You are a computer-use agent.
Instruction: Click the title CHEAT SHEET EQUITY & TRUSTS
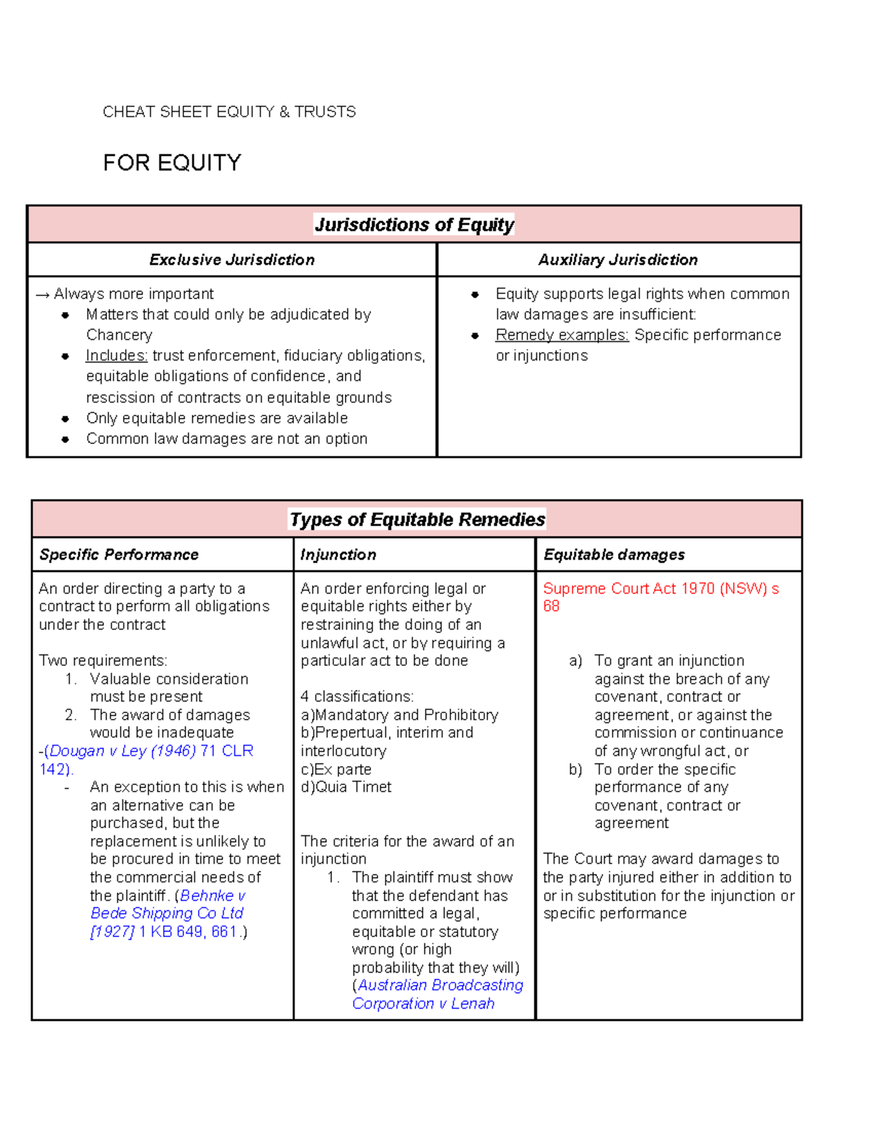(x=229, y=112)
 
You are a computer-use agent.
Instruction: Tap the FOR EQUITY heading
(x=172, y=163)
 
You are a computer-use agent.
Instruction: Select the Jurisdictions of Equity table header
(x=414, y=225)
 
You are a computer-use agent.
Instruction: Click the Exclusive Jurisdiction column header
(x=232, y=260)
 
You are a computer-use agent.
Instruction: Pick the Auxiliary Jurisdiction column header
(x=618, y=260)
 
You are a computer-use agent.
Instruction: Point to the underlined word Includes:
(x=116, y=356)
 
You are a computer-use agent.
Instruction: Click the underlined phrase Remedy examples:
(x=562, y=335)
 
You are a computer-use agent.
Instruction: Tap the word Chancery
(x=119, y=335)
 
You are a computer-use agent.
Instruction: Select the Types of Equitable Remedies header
(x=417, y=520)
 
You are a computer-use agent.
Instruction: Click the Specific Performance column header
(x=119, y=554)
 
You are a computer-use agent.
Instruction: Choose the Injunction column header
(x=338, y=554)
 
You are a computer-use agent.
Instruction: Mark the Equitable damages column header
(x=614, y=554)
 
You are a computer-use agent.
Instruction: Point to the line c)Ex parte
(x=336, y=769)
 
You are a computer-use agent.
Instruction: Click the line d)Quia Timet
(x=346, y=787)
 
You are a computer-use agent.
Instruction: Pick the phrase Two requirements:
(x=103, y=661)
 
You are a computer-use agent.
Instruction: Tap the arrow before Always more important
(x=42, y=295)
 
